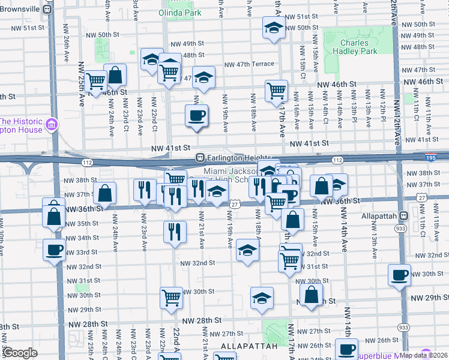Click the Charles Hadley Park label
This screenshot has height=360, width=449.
(358, 47)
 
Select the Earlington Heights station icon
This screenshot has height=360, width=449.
(201, 158)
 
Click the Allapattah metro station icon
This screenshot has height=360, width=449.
(403, 215)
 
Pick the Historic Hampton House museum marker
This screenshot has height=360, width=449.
(52, 125)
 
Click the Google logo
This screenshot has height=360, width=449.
(20, 353)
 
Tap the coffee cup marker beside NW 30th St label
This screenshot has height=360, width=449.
(399, 275)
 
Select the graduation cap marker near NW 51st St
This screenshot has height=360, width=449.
(274, 28)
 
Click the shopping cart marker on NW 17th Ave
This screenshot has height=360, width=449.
(276, 91)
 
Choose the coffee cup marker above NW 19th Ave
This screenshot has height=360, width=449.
(196, 115)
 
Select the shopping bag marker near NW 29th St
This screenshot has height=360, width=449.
(310, 295)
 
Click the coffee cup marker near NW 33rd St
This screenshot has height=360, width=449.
(54, 250)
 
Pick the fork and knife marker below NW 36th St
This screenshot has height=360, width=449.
(174, 232)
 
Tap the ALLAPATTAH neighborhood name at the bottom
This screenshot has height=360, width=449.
(249, 346)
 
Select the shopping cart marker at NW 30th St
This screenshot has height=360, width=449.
(171, 298)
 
